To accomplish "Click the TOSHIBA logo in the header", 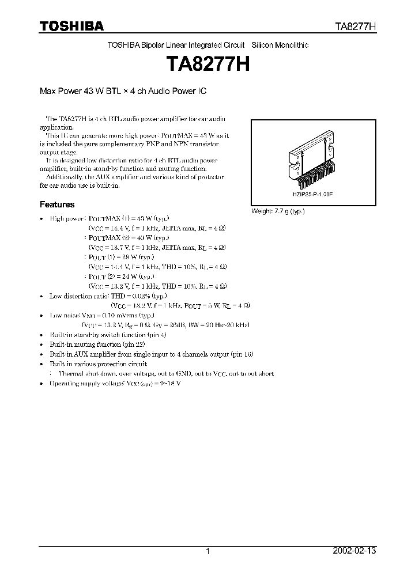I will [x=71, y=26].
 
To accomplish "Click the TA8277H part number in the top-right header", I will [x=356, y=26].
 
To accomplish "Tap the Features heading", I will [x=56, y=205].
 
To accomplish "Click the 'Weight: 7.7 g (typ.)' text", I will [x=278, y=211].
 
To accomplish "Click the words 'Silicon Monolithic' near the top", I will [x=280, y=46].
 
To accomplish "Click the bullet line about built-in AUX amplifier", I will [x=151, y=354].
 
